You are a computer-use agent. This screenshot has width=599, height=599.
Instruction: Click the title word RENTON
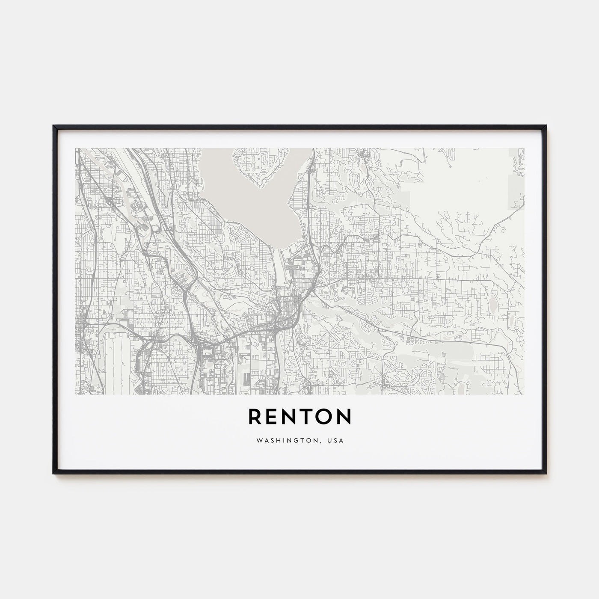tap(299, 417)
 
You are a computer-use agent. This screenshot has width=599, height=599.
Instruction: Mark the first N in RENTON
tap(290, 417)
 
